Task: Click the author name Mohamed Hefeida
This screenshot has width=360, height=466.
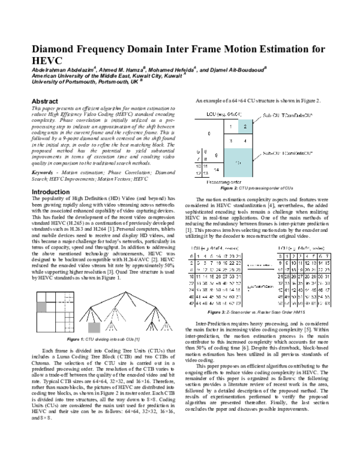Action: (x=169, y=70)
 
